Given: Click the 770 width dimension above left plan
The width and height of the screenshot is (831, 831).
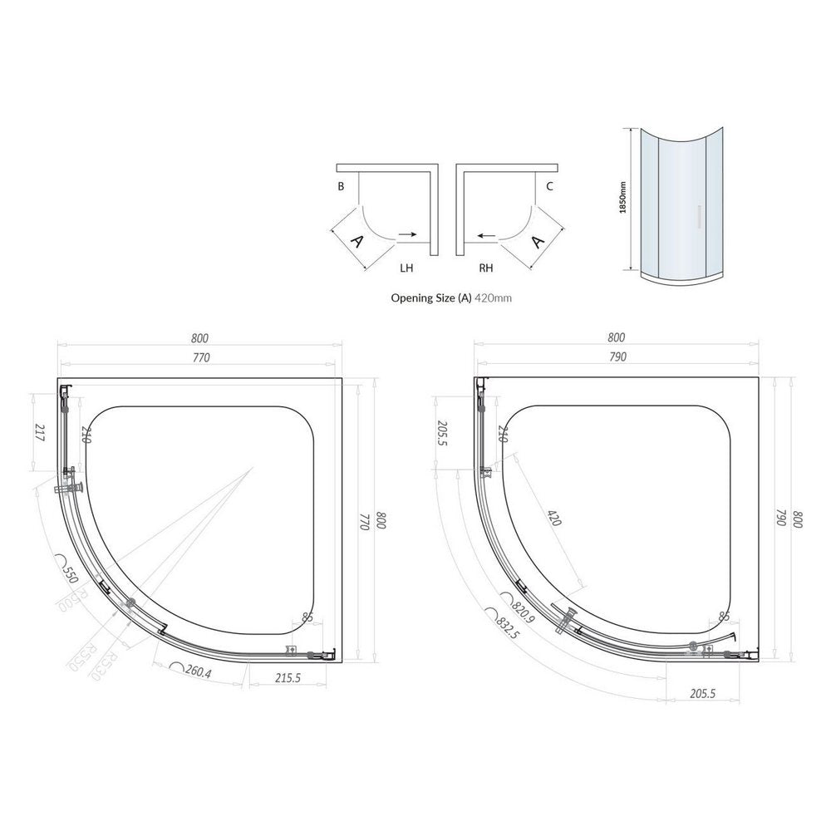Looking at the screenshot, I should (200, 357).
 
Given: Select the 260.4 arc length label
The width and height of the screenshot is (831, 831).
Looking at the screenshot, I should (194, 671).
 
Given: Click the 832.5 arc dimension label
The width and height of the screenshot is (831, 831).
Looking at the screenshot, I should (506, 628).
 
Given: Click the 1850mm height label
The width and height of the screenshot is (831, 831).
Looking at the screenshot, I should (622, 199).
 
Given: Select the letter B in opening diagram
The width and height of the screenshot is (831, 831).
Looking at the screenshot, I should (341, 187).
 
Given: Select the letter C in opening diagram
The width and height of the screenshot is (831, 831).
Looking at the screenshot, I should (549, 187).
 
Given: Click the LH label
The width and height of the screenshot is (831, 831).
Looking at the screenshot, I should (406, 268).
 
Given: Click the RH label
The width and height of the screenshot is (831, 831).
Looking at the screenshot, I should (486, 268).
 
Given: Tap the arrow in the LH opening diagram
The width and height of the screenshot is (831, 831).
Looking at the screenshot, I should (408, 235).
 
